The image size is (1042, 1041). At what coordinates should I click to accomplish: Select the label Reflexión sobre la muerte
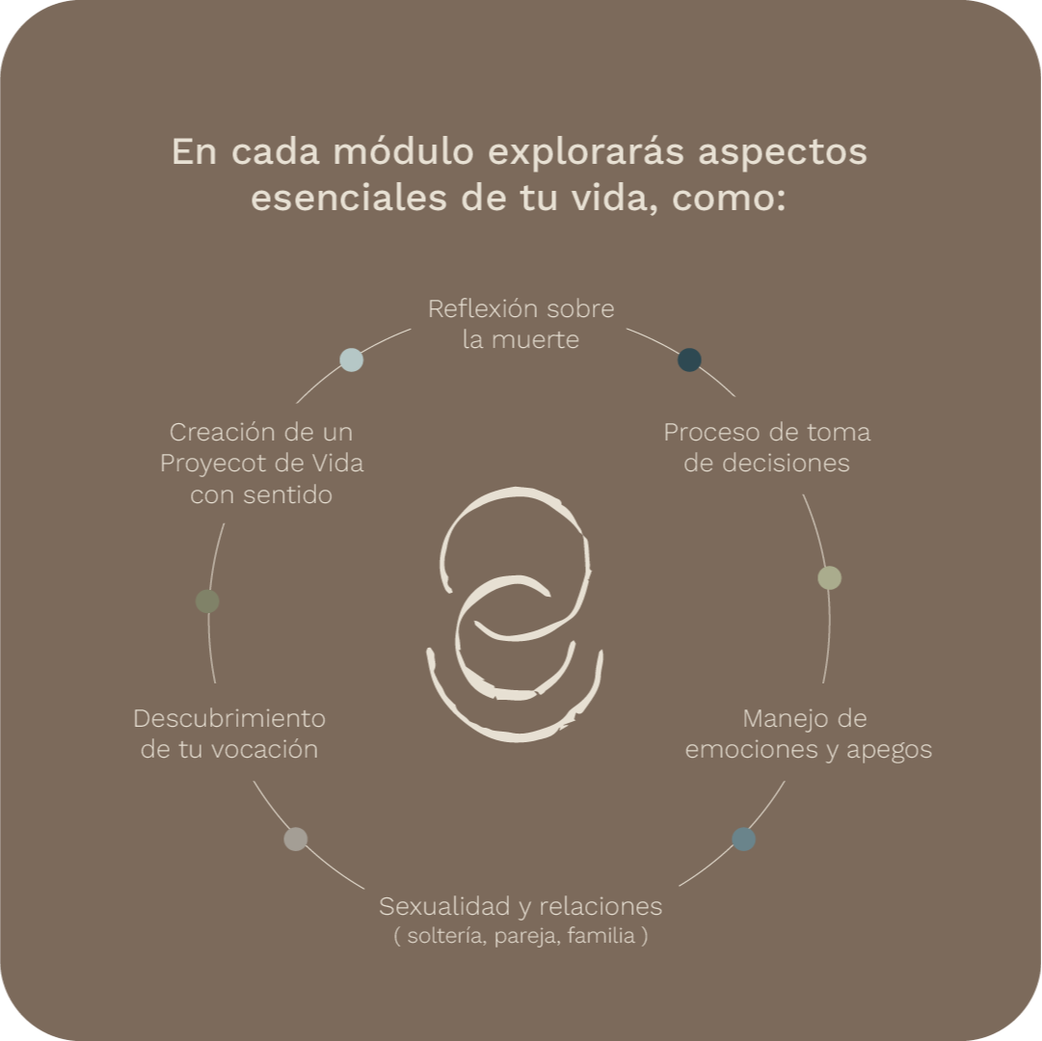pos(521,324)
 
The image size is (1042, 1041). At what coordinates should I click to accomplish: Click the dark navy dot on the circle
pos(689,360)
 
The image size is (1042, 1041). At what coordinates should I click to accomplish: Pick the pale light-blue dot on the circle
pos(352,360)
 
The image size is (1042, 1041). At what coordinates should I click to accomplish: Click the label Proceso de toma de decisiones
pos(766,447)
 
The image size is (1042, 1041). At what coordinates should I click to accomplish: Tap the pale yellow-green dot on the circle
pos(829,577)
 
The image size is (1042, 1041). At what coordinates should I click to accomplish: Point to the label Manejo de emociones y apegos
pos(808,734)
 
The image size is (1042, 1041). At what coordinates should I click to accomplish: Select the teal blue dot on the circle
pos(743,839)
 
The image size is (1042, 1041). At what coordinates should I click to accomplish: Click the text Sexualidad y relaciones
pos(521,906)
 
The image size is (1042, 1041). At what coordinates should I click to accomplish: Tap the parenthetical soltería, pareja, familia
pos(521,936)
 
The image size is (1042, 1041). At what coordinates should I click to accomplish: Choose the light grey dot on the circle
pos(296,839)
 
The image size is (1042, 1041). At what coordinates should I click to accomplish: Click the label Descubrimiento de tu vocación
pos(229,734)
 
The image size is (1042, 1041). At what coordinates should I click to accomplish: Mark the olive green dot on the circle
pos(207,601)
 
